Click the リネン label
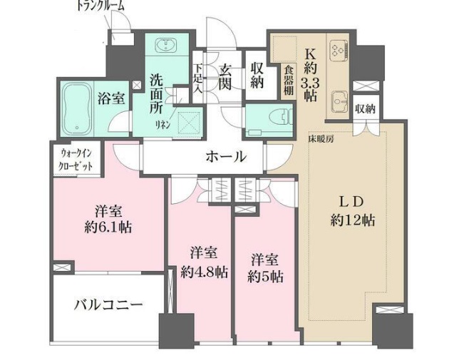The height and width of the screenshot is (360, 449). coord(163,123)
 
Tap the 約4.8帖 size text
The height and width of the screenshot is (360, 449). coord(204,272)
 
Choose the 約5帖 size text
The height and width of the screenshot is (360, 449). coord(266,274)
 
